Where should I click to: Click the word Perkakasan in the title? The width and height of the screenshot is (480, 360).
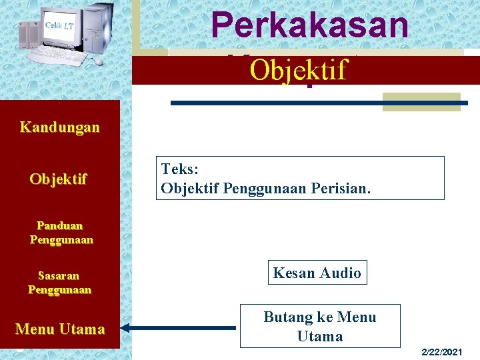pos(309,25)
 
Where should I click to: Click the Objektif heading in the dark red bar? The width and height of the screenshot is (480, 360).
pos(299,69)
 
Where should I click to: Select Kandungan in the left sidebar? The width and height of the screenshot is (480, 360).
pos(59,127)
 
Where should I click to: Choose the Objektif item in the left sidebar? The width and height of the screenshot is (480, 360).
pos(58,179)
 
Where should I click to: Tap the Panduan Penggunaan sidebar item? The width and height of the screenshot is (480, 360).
pos(61,233)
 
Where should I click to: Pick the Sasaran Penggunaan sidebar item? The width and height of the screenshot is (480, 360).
pos(59,283)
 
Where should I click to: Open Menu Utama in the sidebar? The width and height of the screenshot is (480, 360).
pos(60,329)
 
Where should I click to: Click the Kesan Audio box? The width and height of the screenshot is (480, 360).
pos(317,273)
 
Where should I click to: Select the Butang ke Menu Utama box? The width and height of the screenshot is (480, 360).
pos(320,326)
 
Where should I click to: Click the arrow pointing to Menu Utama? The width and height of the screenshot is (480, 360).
pos(180,328)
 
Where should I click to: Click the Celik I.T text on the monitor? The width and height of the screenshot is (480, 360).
pos(59,25)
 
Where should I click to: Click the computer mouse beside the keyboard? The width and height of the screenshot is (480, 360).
pos(99,61)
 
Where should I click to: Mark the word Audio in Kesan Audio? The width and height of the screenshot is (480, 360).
pos(340,273)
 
